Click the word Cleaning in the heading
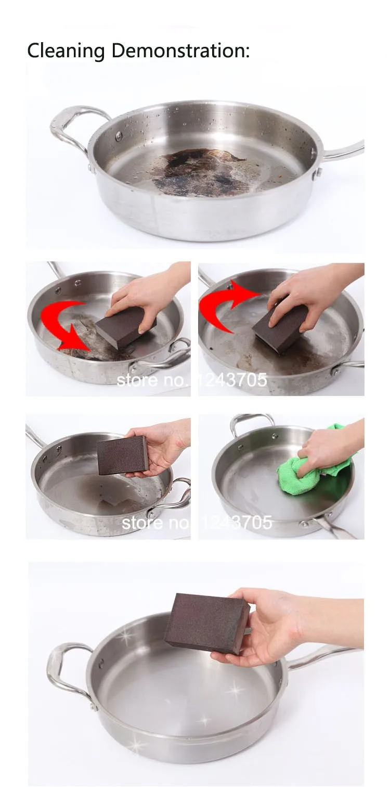click(66, 50)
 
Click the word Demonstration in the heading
click(180, 50)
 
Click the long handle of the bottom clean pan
click(323, 656)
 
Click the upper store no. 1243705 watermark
click(192, 380)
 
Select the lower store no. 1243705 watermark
click(197, 523)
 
